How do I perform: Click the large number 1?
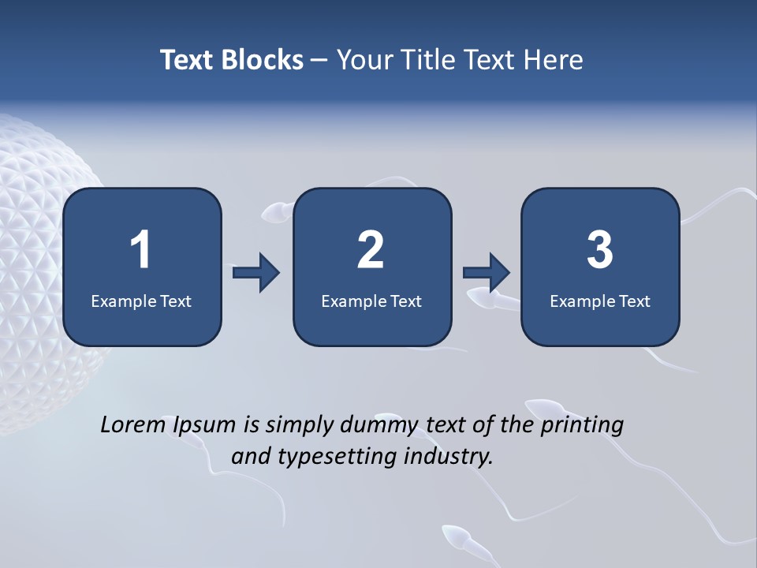point(140,250)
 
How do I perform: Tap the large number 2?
point(371,250)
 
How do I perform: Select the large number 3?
point(600,250)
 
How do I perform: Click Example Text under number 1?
point(141,301)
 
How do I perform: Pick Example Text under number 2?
point(371,301)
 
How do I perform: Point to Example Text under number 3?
point(600,301)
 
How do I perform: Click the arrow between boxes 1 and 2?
point(256,273)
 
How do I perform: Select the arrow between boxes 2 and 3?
point(487,273)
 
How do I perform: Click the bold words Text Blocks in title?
point(232,60)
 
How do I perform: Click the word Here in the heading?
point(555,60)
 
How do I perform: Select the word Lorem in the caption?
point(132,424)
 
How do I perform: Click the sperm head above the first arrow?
point(272,211)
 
